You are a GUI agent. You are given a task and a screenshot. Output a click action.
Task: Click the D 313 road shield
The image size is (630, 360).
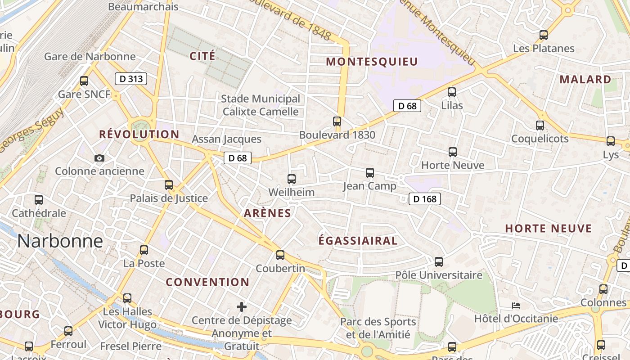[x=131, y=79]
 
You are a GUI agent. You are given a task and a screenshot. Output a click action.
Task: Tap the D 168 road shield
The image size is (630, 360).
[x=425, y=198]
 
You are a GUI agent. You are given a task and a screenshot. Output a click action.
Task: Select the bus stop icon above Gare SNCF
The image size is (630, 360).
[x=84, y=81]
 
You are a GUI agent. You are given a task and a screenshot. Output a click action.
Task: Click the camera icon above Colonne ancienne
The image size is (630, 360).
[x=99, y=158]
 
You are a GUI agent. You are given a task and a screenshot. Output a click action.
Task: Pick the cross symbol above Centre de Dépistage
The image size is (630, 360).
[x=242, y=307]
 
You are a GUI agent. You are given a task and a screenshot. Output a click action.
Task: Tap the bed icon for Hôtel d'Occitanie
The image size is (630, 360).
[x=516, y=306]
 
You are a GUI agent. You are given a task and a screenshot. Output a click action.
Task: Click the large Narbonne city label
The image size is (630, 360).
[x=60, y=241]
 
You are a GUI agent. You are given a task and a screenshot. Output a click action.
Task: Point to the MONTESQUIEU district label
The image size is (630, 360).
[x=372, y=62]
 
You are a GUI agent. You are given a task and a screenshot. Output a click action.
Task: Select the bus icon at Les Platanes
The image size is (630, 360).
[x=544, y=35]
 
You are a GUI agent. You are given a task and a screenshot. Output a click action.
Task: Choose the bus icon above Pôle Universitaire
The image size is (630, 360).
[x=438, y=261]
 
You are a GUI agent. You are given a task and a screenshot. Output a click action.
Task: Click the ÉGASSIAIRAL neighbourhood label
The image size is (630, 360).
[x=358, y=241]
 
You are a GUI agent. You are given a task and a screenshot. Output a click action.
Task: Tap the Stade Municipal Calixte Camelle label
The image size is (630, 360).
[x=261, y=105]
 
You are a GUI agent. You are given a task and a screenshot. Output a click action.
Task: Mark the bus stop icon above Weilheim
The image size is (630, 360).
[x=292, y=179]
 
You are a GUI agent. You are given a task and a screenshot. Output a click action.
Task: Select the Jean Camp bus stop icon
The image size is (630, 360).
[x=370, y=172]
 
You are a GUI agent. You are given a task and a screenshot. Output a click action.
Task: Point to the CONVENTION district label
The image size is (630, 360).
[x=207, y=282]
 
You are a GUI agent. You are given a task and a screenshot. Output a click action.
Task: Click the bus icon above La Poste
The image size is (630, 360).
[x=144, y=250]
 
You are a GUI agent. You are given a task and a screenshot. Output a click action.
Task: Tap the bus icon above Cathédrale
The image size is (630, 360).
[x=39, y=199]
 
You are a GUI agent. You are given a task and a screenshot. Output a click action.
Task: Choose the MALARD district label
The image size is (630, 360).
[x=585, y=80]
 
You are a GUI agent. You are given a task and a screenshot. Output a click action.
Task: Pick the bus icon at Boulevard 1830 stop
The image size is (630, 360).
[x=337, y=121]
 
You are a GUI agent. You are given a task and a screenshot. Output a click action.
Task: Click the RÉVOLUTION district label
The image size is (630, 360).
[x=139, y=134]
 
